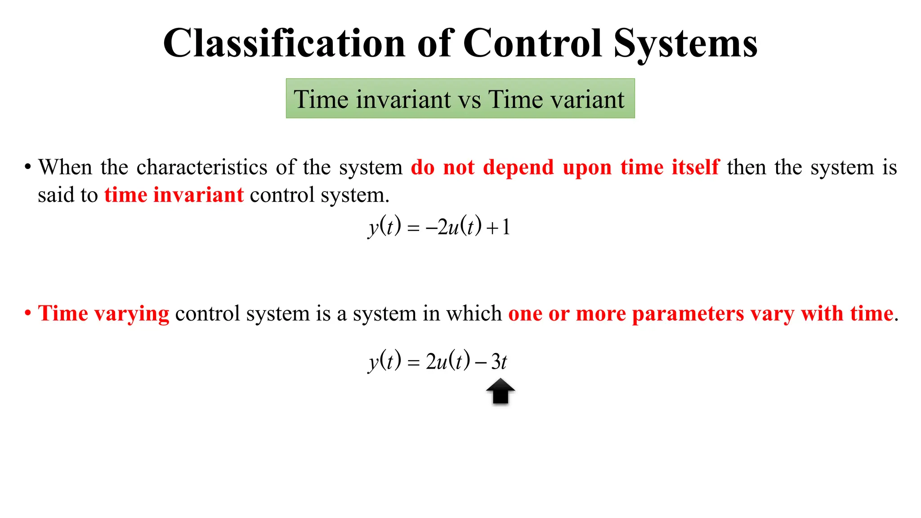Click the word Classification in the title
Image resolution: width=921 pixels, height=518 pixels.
pos(284,44)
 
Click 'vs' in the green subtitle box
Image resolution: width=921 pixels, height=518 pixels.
pos(469,100)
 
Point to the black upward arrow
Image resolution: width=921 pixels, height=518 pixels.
pos(500,392)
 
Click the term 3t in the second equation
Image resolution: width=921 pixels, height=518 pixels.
pos(499,362)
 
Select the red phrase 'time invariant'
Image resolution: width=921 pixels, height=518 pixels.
pos(174,195)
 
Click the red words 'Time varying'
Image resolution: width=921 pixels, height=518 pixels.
pos(103,314)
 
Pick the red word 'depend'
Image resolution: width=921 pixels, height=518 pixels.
pos(518,168)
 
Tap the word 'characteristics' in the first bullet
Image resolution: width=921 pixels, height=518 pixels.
pos(202,167)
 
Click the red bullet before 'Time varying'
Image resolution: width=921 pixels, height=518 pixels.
pos(28,313)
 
